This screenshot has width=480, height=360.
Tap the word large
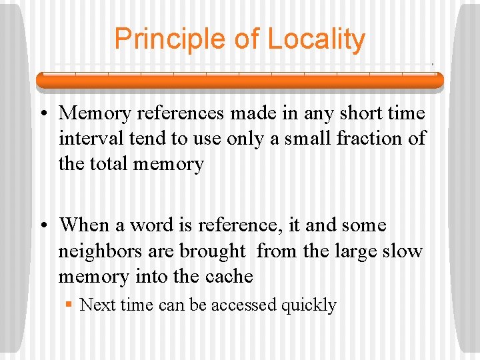(x=355, y=251)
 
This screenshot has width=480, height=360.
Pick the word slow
(x=403, y=251)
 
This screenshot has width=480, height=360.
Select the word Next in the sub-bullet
(x=98, y=305)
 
